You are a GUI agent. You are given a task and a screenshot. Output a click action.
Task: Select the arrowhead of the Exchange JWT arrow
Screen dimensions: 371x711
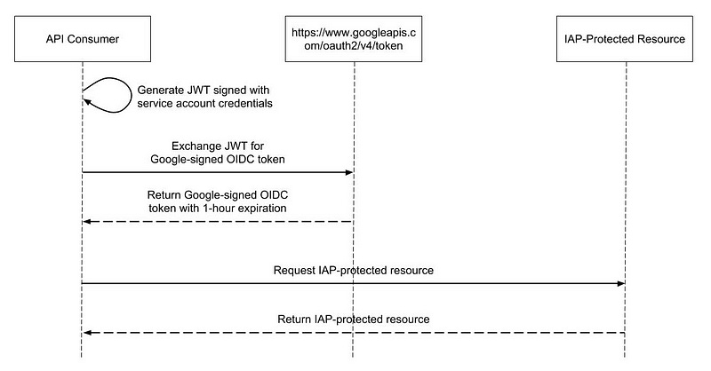point(349,172)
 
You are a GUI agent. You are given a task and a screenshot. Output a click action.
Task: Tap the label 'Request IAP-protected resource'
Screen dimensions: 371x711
point(354,269)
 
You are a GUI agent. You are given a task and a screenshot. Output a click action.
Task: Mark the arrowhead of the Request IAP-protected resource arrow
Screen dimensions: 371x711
point(621,283)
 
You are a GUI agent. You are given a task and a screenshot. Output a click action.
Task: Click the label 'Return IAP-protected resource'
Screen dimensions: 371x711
point(355,319)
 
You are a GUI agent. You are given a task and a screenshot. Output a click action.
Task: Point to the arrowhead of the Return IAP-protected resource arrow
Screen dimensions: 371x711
point(85,333)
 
